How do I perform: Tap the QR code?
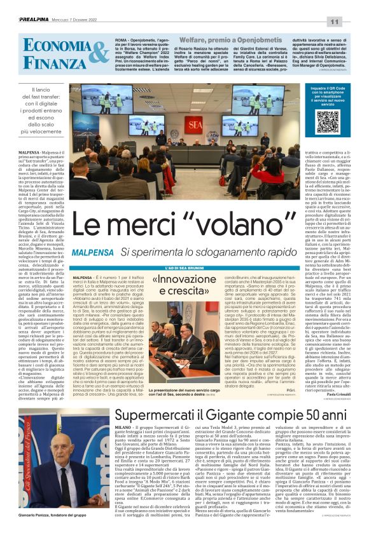coord(328,121)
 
